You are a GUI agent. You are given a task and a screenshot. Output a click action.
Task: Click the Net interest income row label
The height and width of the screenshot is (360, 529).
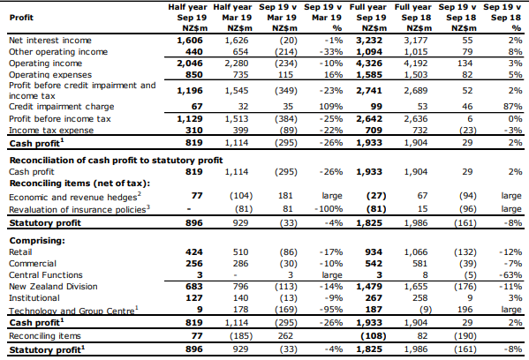[x=50, y=41]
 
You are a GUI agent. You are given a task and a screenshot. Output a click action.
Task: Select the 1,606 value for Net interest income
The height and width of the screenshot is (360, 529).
[x=190, y=41]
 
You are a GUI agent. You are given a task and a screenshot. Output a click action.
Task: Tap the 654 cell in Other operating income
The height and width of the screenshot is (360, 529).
[x=240, y=52]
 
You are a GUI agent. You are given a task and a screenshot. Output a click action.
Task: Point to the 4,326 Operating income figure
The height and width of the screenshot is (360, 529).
[x=369, y=64]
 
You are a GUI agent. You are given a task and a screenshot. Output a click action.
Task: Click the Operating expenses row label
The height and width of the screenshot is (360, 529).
[x=50, y=74]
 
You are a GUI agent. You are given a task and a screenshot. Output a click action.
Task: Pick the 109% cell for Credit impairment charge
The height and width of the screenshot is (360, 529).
[x=331, y=107]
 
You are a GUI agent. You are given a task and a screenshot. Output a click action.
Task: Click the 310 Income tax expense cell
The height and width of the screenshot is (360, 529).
[x=194, y=130]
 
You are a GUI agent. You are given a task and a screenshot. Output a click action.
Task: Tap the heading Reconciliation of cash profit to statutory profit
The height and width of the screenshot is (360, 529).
[x=116, y=160]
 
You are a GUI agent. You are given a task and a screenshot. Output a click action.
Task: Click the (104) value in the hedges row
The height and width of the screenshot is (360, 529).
[x=241, y=196]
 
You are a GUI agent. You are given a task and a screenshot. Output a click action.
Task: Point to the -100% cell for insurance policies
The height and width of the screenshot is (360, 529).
[x=329, y=209]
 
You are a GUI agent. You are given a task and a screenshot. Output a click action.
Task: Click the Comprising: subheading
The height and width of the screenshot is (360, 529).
[x=37, y=241]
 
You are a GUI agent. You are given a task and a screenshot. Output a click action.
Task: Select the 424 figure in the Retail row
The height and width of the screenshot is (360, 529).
[x=194, y=252]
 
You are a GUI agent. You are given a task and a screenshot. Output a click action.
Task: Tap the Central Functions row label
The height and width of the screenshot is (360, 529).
[x=46, y=275]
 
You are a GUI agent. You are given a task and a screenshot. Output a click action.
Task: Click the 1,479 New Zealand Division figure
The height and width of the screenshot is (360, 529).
[x=369, y=287]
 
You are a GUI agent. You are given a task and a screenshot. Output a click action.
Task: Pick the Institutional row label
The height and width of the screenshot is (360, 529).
[x=34, y=298]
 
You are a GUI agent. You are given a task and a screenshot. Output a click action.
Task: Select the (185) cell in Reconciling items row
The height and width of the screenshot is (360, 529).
[x=241, y=336]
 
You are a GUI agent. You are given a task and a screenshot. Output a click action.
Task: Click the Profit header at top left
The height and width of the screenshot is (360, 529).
[x=21, y=18]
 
